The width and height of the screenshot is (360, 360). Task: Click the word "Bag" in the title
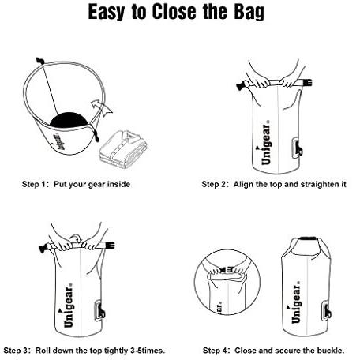[x=249, y=12]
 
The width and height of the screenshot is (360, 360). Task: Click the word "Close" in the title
[x=174, y=12]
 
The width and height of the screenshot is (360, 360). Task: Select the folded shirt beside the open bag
[x=123, y=149]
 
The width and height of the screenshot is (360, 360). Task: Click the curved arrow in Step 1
[x=101, y=107]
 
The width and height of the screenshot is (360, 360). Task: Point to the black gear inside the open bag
[x=69, y=121]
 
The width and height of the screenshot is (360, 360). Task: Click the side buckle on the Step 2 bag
[x=297, y=148]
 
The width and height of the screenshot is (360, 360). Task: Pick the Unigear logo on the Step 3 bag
[x=68, y=306]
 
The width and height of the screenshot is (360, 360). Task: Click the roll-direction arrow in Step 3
[x=77, y=238]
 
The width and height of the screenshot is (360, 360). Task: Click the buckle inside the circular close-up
[x=227, y=269]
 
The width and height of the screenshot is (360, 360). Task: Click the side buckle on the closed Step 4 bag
[x=327, y=312]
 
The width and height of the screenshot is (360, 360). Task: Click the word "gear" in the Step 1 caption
[x=96, y=185]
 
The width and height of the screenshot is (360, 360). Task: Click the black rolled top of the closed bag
[x=308, y=238]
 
